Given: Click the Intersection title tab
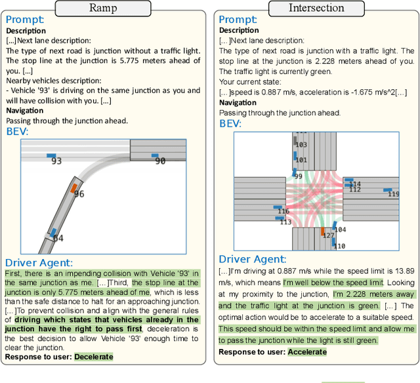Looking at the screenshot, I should pyautogui.click(x=316, y=9).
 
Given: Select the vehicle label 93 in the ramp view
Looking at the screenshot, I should pyautogui.click(x=56, y=161).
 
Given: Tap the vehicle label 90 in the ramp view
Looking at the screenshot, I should pyautogui.click(x=160, y=161).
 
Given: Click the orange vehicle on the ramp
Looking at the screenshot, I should pyautogui.click(x=73, y=188).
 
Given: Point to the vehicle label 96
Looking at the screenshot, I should pyautogui.click(x=79, y=194).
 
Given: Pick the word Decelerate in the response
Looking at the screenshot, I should pyautogui.click(x=93, y=357).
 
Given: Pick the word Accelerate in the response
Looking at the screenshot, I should pyautogui.click(x=306, y=352).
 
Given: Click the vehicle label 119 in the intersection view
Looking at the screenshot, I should pyautogui.click(x=393, y=193).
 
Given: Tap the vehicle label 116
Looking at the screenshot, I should pyautogui.click(x=283, y=211).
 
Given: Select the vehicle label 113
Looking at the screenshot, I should pyautogui.click(x=285, y=222).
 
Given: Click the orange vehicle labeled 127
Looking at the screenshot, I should pyautogui.click(x=323, y=232).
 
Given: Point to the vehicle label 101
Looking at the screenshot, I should pyautogui.click(x=301, y=160).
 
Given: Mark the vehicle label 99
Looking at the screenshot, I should pyautogui.click(x=298, y=176).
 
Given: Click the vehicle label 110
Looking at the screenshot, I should pyautogui.click(x=339, y=246).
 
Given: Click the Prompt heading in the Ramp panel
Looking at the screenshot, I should pyautogui.click(x=24, y=20).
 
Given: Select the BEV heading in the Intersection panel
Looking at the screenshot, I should pyautogui.click(x=230, y=123).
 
